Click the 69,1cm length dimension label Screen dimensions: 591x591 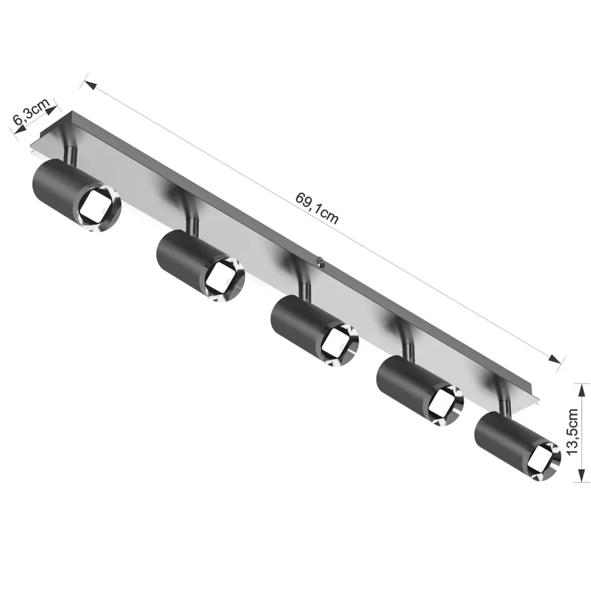point(317,208)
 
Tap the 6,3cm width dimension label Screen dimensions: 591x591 point(32,112)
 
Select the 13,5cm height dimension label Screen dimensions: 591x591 point(572,431)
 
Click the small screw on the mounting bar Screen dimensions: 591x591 point(320,261)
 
